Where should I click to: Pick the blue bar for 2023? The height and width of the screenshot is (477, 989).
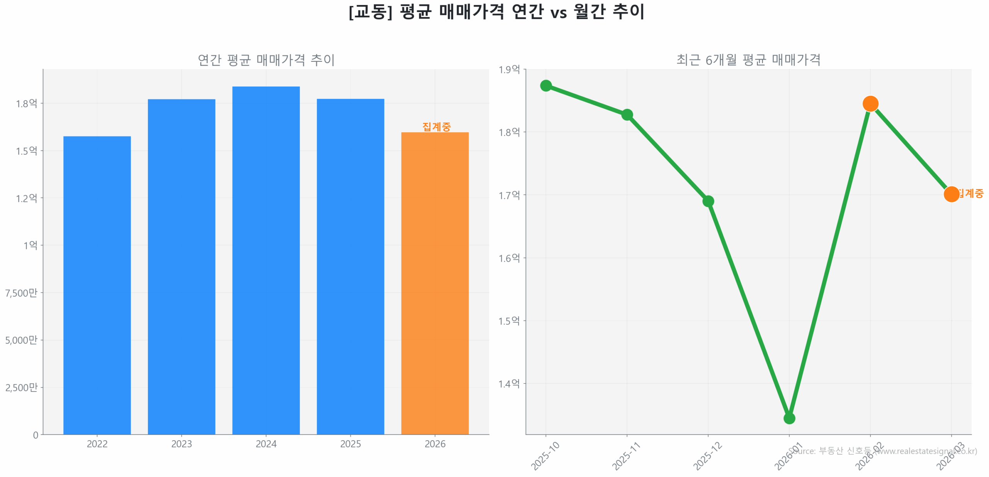(181, 266)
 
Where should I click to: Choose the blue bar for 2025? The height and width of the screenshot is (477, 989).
(350, 266)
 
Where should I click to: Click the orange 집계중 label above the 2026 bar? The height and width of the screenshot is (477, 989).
(437, 126)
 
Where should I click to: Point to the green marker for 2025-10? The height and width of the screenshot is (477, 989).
(545, 85)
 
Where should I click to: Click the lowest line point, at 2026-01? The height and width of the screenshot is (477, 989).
(789, 418)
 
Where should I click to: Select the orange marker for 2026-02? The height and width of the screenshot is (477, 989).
(870, 104)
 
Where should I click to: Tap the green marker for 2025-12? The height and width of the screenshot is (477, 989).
(708, 201)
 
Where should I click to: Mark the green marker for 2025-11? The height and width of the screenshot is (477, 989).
(627, 115)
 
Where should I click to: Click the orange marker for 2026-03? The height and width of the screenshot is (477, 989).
(951, 194)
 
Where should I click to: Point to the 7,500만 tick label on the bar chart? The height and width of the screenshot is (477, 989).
(21, 293)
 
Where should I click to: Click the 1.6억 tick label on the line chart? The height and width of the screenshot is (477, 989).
(509, 258)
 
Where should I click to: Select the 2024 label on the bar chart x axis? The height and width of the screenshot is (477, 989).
(266, 444)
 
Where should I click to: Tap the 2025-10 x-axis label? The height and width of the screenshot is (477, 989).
(545, 456)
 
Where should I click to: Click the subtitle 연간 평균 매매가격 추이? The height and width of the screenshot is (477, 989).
(266, 60)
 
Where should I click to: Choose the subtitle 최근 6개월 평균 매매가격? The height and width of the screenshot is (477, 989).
(748, 60)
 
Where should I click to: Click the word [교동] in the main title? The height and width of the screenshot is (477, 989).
(370, 12)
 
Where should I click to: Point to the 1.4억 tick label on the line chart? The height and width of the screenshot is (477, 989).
(509, 383)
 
